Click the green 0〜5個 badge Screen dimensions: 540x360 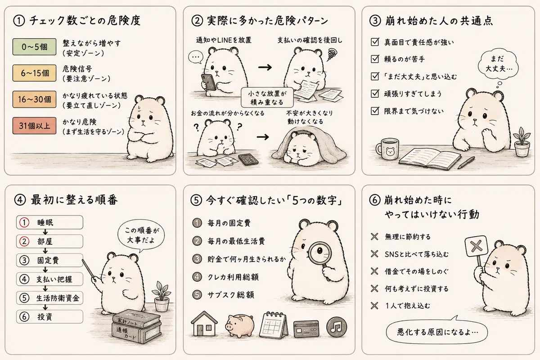tap(34, 46)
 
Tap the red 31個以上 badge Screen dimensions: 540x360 tap(34, 126)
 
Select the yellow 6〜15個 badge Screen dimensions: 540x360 tap(34, 73)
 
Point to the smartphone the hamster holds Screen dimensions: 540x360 tap(209, 82)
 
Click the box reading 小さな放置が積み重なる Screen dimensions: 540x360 tap(267, 97)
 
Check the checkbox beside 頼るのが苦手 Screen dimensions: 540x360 tap(375, 59)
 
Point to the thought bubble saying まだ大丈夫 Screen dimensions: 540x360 tap(498, 64)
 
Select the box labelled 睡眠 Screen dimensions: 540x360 tap(49, 222)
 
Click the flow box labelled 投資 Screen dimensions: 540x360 tap(49, 317)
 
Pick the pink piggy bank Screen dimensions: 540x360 tap(240, 325)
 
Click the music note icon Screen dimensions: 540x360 tap(337, 327)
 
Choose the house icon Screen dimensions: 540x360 tap(204, 324)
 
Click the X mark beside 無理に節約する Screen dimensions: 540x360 tap(374, 237)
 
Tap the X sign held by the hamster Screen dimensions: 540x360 tap(476, 246)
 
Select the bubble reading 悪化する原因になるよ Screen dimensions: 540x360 tap(437, 332)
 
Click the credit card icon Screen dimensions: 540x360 tap(306, 329)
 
